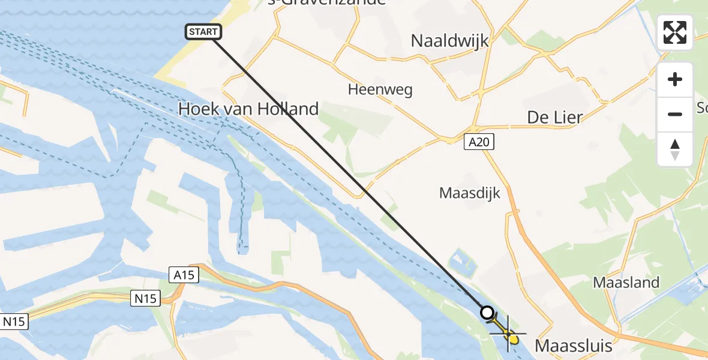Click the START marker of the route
pyautogui.click(x=205, y=32)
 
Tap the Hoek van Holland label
pyautogui.click(x=248, y=109)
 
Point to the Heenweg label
pyautogui.click(x=380, y=90)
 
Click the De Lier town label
pyautogui.click(x=554, y=118)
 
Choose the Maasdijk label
pyautogui.click(x=469, y=193)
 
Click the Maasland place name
pyautogui.click(x=626, y=282)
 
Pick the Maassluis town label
pyautogui.click(x=573, y=346)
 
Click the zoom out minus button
pyautogui.click(x=675, y=114)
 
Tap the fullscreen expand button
pyautogui.click(x=675, y=32)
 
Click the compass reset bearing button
pyautogui.click(x=675, y=149)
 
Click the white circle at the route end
pyautogui.click(x=487, y=313)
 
